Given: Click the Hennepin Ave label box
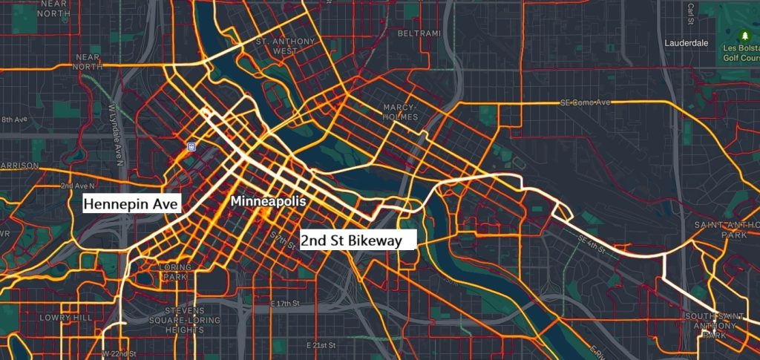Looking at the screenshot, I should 132,203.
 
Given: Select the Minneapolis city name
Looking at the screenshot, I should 268,201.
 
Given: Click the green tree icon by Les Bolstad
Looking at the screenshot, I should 744,35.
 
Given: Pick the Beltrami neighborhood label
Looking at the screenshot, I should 418,33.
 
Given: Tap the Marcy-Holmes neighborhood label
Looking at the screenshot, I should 401,112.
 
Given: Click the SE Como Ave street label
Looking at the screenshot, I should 585,102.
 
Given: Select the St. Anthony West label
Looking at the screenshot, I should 276,46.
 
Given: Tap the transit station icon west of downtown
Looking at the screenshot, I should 191,147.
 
